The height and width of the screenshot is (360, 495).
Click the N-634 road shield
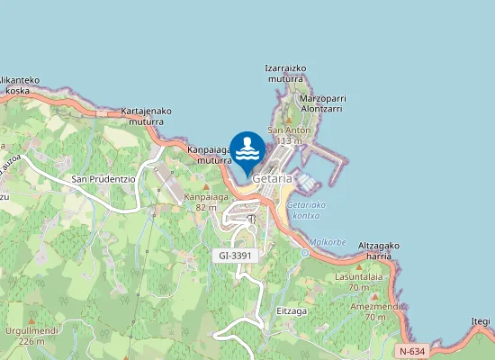pos(411,350)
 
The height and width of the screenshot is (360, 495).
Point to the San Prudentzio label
pos(103,179)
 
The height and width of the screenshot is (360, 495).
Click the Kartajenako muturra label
pos(142,117)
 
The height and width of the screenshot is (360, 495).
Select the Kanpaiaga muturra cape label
pos(210,156)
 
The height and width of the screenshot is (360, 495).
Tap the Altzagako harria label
pos(379,250)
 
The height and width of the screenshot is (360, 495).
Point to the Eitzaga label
pos(292,310)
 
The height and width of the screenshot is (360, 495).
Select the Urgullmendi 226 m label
pos(31,336)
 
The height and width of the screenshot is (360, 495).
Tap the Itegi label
pos(481,321)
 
